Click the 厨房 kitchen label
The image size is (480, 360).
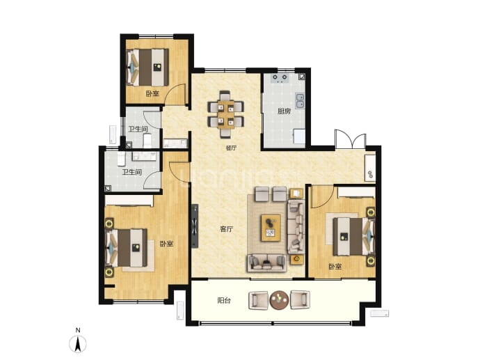coord(284,111)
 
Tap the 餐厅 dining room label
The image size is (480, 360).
coord(231,148)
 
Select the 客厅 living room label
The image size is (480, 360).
coord(227,229)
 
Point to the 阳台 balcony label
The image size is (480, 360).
coord(224,301)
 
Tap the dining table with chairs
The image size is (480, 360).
coord(225,114)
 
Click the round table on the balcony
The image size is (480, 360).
coord(279,299)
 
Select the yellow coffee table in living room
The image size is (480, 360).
coord(271,228)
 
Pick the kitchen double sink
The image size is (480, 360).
coord(300,101)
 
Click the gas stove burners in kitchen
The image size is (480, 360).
coord(280,79)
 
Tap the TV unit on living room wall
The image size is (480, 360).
coord(195,226)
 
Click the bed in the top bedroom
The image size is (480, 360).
coord(148,68)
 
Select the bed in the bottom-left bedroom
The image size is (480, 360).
coord(126,248)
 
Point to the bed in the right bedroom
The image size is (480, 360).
coord(354,236)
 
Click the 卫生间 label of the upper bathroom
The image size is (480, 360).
coord(138,130)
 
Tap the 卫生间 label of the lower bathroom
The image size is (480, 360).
coord(132,173)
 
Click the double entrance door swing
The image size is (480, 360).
coord(351,139)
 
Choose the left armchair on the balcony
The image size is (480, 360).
coord(259,300)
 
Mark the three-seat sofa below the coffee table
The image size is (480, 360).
coord(267,263)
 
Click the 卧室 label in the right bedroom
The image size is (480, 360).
coord(335,267)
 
